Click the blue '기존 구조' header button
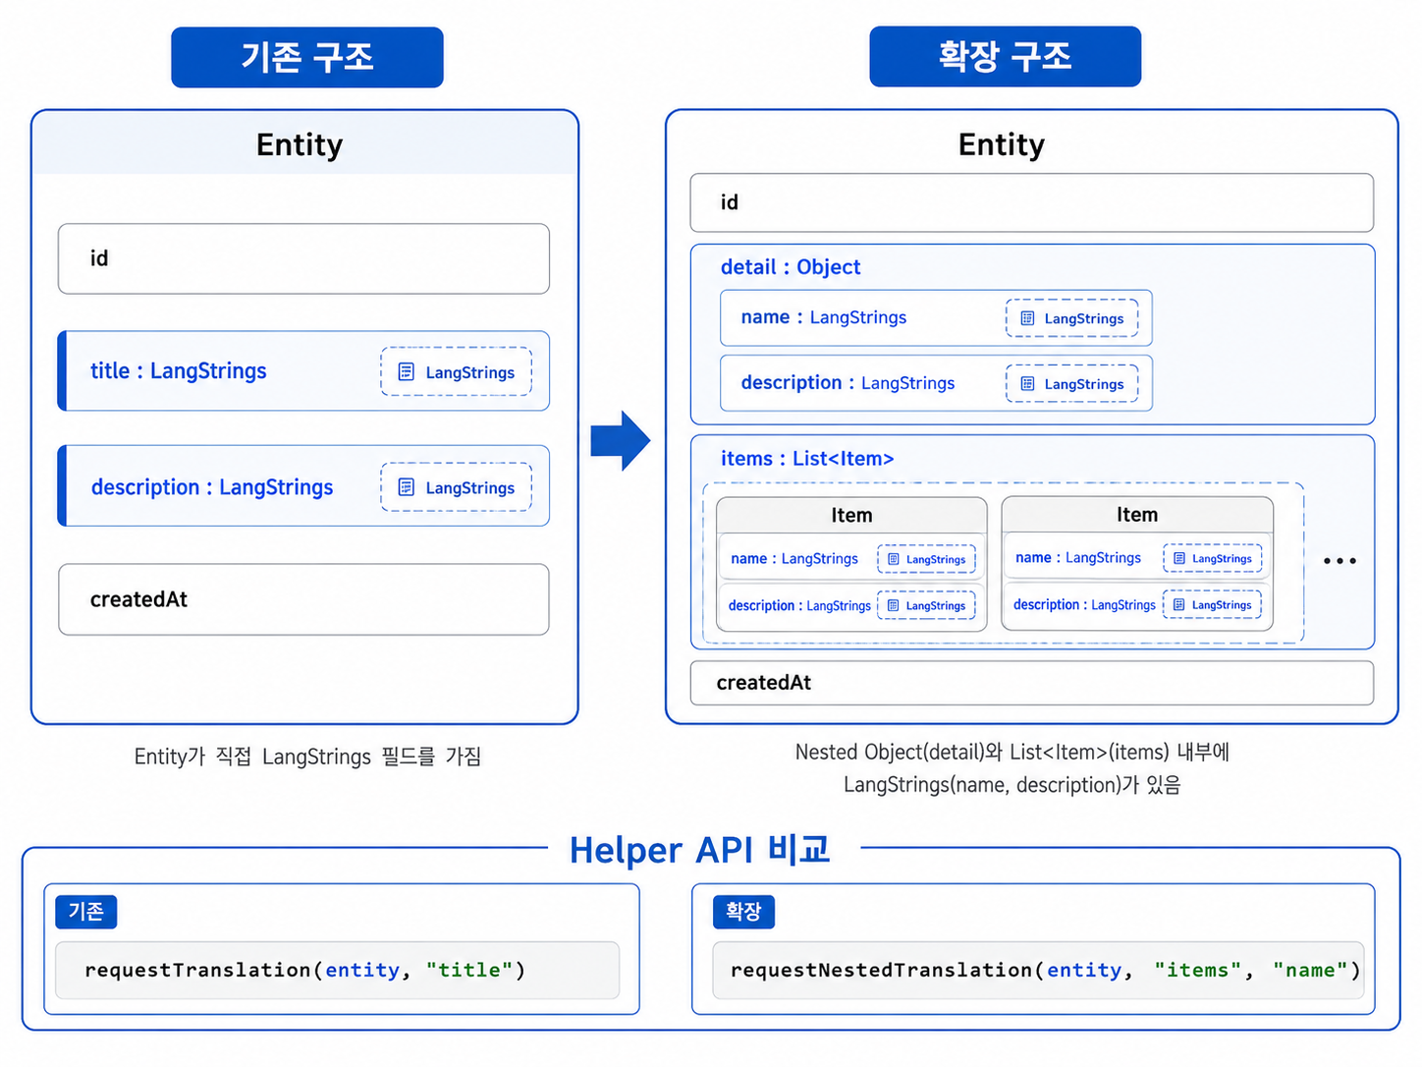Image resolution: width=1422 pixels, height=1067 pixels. [307, 57]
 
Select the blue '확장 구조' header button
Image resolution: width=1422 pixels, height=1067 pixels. [1005, 56]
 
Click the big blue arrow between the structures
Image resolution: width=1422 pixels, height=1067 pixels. [620, 440]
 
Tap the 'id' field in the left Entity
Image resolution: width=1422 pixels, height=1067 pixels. [303, 258]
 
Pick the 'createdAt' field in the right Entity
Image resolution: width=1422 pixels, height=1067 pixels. [1031, 683]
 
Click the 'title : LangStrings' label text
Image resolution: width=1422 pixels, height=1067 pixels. [178, 371]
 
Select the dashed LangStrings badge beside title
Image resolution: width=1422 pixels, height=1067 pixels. [456, 371]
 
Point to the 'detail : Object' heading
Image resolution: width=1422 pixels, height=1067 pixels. [791, 267]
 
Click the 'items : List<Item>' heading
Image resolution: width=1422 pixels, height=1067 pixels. [807, 459]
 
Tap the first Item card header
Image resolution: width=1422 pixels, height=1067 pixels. [851, 515]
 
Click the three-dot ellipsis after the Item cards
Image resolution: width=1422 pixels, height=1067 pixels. [1340, 561]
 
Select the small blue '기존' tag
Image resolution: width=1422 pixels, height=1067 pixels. [86, 912]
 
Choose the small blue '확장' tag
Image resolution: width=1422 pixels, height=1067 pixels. [743, 912]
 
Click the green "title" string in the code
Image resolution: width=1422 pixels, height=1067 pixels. [469, 970]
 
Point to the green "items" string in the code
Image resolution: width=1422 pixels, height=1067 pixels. [1197, 970]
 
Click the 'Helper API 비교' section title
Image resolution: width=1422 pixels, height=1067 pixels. [699, 850]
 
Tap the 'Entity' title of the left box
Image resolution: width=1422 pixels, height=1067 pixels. [300, 144]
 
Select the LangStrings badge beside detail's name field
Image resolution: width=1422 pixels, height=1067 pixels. [1072, 318]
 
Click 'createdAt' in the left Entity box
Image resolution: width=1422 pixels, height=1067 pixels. [138, 599]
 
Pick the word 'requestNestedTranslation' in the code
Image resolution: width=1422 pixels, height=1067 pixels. [881, 970]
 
